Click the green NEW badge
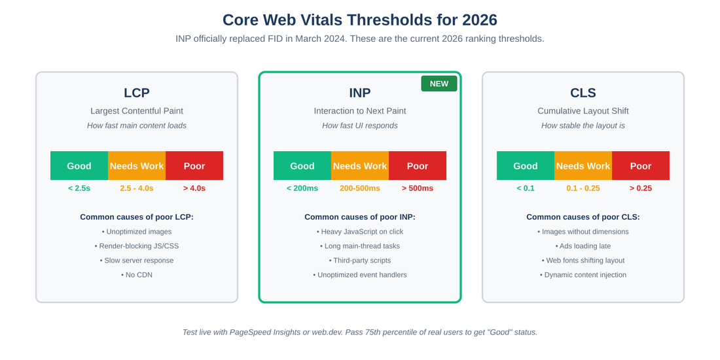[439, 84]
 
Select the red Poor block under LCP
[194, 166]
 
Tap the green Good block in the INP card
[302, 166]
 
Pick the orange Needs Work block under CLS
[583, 166]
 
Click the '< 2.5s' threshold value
[79, 189]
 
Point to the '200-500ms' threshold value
[360, 189]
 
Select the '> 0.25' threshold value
[641, 189]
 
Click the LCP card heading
[137, 93]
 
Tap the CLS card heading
[583, 93]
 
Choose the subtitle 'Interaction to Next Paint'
[360, 111]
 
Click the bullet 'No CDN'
[137, 275]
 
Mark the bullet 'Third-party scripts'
[360, 261]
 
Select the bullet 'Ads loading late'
[583, 246]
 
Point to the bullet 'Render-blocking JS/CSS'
[137, 246]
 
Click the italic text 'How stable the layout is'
[583, 126]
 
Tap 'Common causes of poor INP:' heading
[360, 217]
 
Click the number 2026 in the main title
[479, 20]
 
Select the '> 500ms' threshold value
[418, 189]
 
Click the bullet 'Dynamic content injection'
[583, 275]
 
